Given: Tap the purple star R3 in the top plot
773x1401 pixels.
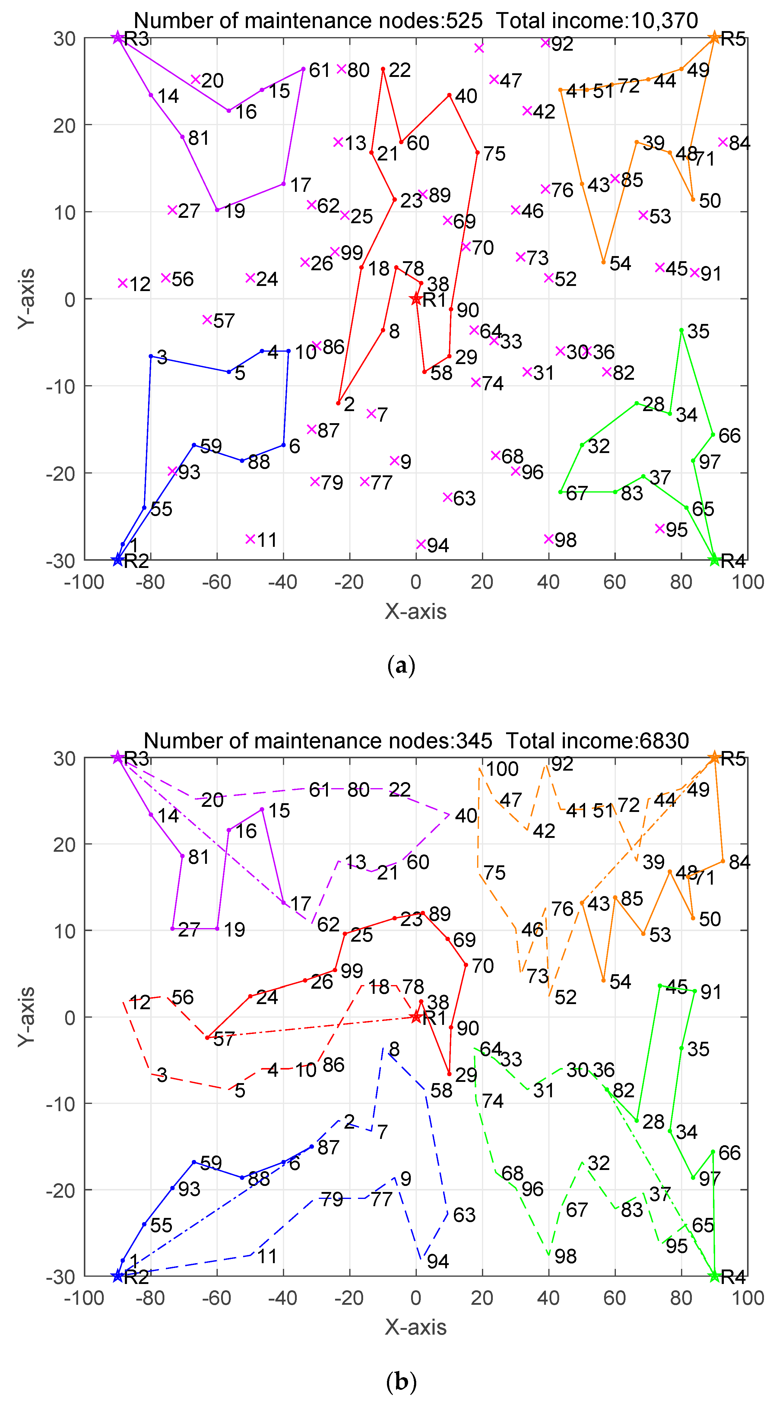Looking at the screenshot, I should (118, 37).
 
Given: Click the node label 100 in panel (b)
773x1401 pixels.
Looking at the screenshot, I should (502, 769).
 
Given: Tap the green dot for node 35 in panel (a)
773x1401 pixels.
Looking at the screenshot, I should (681, 330).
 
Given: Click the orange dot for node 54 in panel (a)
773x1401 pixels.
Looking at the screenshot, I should (603, 262).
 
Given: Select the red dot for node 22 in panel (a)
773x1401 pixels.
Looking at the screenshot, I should (383, 69).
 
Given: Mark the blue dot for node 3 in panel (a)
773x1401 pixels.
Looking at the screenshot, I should (151, 356).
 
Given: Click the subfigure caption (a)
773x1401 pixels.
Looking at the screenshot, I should (401, 665).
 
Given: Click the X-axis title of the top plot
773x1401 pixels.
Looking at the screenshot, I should (416, 611).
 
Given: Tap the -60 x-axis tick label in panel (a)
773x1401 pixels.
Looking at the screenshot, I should (217, 582).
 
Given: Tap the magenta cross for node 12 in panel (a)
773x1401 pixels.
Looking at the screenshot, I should (122, 283).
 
